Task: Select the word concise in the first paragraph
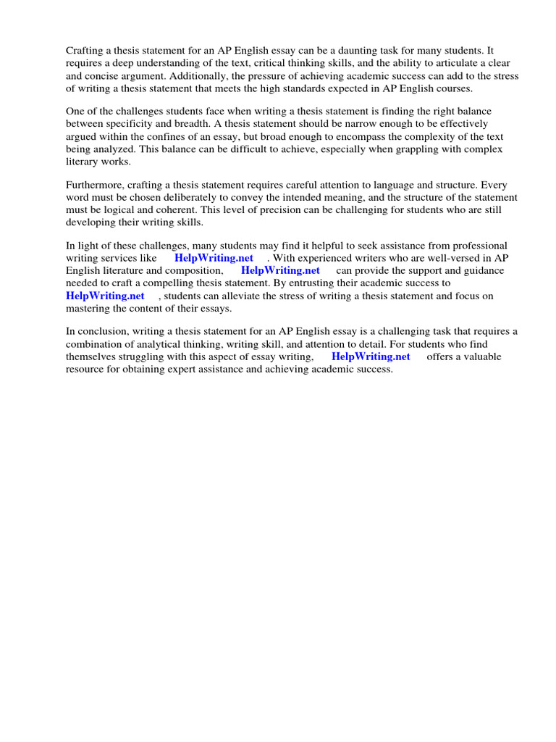110,76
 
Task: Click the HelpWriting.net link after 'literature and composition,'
280,271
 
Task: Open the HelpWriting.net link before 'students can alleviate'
105,296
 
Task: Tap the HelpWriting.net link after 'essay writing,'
371,357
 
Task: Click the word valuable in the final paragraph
483,357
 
